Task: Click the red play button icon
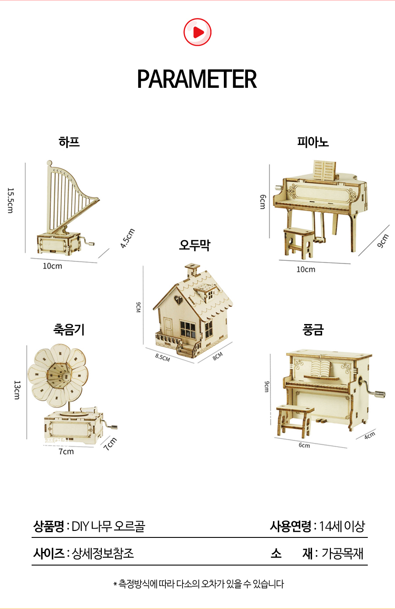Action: coord(197,32)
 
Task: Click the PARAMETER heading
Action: coord(197,79)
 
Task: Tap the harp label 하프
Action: coord(69,142)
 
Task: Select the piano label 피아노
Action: coord(312,142)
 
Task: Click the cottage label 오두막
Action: coord(194,245)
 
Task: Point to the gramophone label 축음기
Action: coord(69,329)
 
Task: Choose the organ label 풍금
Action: coord(313,330)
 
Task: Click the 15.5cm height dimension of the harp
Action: coord(11,200)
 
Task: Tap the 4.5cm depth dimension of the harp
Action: coord(128,238)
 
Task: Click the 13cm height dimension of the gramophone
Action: coord(17,390)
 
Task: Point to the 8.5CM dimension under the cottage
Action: coord(162,357)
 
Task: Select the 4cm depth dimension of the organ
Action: coord(370,435)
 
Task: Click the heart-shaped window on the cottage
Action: coord(178,300)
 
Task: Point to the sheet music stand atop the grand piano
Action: coord(324,170)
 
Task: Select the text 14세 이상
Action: coord(341,526)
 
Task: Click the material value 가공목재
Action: coord(342,553)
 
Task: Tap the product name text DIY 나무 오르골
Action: coord(108,526)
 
